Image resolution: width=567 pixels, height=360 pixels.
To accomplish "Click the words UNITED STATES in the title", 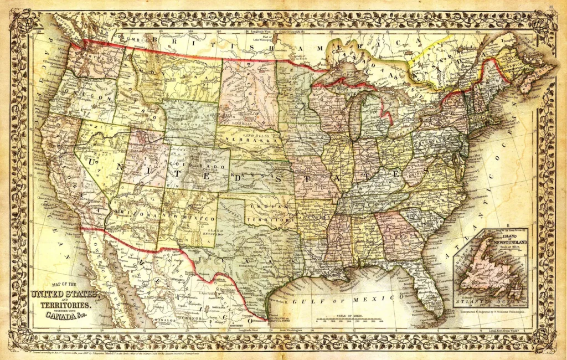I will (64, 293).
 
